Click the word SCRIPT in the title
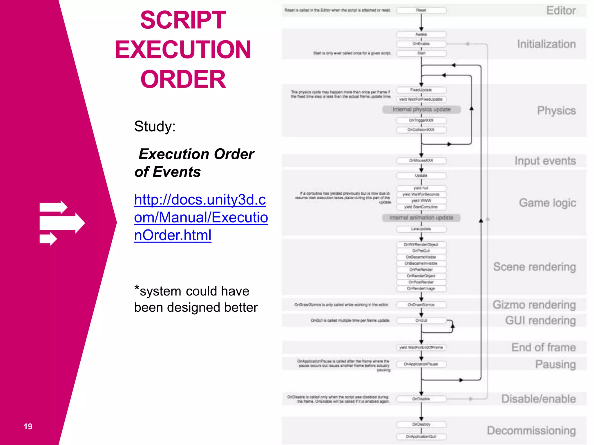tap(183, 20)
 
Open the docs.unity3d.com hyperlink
tap(200, 217)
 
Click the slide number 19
tap(28, 426)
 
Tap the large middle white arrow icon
tap(62, 223)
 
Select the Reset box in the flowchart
tap(421, 10)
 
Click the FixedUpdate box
tap(421, 90)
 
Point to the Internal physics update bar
tap(421, 110)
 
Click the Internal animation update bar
tap(421, 218)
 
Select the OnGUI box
tap(421, 320)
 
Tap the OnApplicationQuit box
tap(421, 437)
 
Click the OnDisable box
tap(421, 399)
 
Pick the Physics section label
tap(556, 111)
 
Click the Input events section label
tap(545, 161)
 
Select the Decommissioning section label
tap(531, 431)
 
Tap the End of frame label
tap(543, 347)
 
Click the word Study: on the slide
tap(155, 126)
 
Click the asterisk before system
tap(137, 288)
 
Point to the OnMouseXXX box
tap(421, 161)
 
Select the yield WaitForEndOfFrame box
tap(421, 347)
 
